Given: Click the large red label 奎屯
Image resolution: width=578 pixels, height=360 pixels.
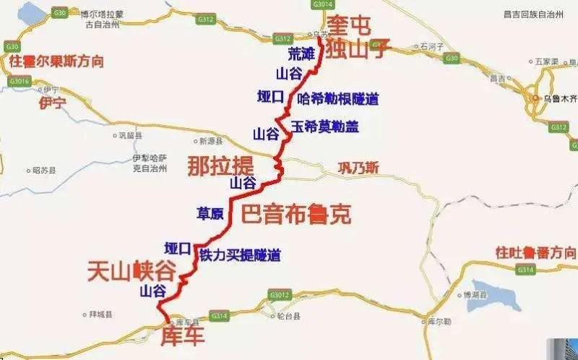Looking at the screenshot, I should (x=350, y=25).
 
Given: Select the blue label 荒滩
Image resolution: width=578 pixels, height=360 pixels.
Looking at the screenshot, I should (x=301, y=54).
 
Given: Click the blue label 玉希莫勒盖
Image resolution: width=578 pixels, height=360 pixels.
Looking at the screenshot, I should (x=324, y=127).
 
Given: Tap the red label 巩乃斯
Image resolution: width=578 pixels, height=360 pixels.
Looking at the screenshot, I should (x=358, y=168).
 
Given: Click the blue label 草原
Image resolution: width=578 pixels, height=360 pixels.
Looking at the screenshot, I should (x=210, y=213).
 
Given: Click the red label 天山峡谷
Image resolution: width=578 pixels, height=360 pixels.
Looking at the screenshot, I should (x=131, y=271).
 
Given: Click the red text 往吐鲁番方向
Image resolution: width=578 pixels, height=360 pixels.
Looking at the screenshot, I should (x=535, y=252).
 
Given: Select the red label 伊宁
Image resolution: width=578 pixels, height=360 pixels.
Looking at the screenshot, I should (x=52, y=103).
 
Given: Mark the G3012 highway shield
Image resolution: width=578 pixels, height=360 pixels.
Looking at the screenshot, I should (x=279, y=295).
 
